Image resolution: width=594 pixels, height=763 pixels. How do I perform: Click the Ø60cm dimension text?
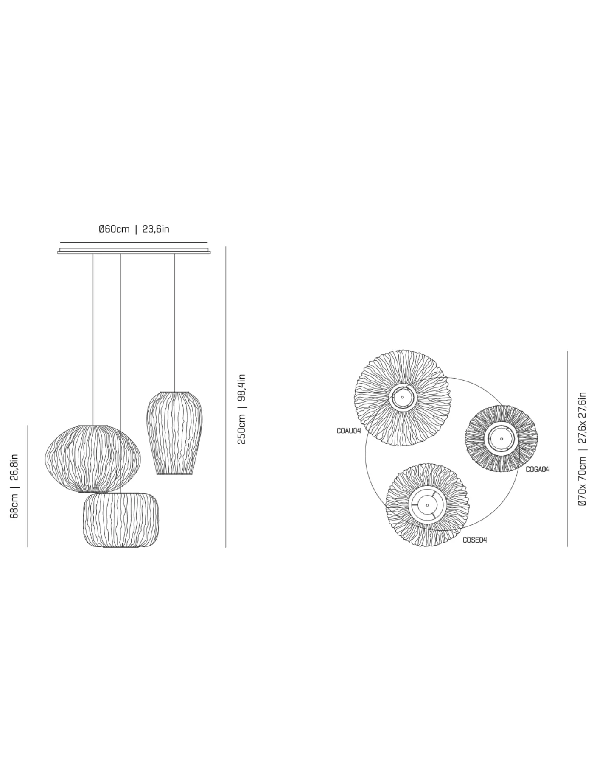(x=114, y=229)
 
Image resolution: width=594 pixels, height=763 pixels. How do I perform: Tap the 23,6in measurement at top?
(x=156, y=229)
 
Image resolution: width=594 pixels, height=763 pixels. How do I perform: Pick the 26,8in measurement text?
(x=14, y=467)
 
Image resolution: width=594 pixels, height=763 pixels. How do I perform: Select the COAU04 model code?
(x=349, y=431)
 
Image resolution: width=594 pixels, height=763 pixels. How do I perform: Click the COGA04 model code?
(x=538, y=469)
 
